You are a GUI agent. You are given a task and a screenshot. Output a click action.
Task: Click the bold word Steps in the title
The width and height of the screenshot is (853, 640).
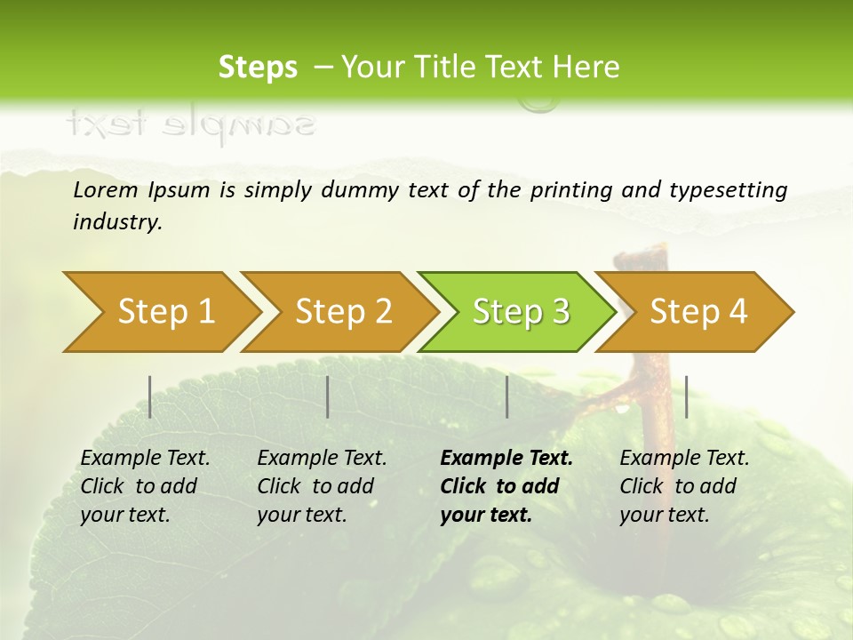[258, 68]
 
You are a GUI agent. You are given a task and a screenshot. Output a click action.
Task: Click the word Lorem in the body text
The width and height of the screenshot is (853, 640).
[105, 189]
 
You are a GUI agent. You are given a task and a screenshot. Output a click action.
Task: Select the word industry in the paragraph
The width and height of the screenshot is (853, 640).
[117, 222]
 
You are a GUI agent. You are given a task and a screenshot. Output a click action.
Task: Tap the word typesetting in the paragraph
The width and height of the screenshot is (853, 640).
[728, 190]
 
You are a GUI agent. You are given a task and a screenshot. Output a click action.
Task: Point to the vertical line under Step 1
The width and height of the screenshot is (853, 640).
[150, 396]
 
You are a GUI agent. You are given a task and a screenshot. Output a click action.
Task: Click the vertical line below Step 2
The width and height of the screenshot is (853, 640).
[328, 396]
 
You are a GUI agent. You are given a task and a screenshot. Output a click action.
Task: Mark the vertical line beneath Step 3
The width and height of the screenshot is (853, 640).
[506, 396]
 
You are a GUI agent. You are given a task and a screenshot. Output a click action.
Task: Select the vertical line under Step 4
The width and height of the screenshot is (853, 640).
[686, 396]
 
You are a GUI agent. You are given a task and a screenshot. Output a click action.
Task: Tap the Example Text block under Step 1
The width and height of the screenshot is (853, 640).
[145, 486]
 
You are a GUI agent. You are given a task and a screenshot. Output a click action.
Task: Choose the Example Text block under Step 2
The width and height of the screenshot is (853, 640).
[322, 486]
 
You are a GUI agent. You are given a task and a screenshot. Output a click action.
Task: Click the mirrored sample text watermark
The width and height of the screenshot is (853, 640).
[190, 124]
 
